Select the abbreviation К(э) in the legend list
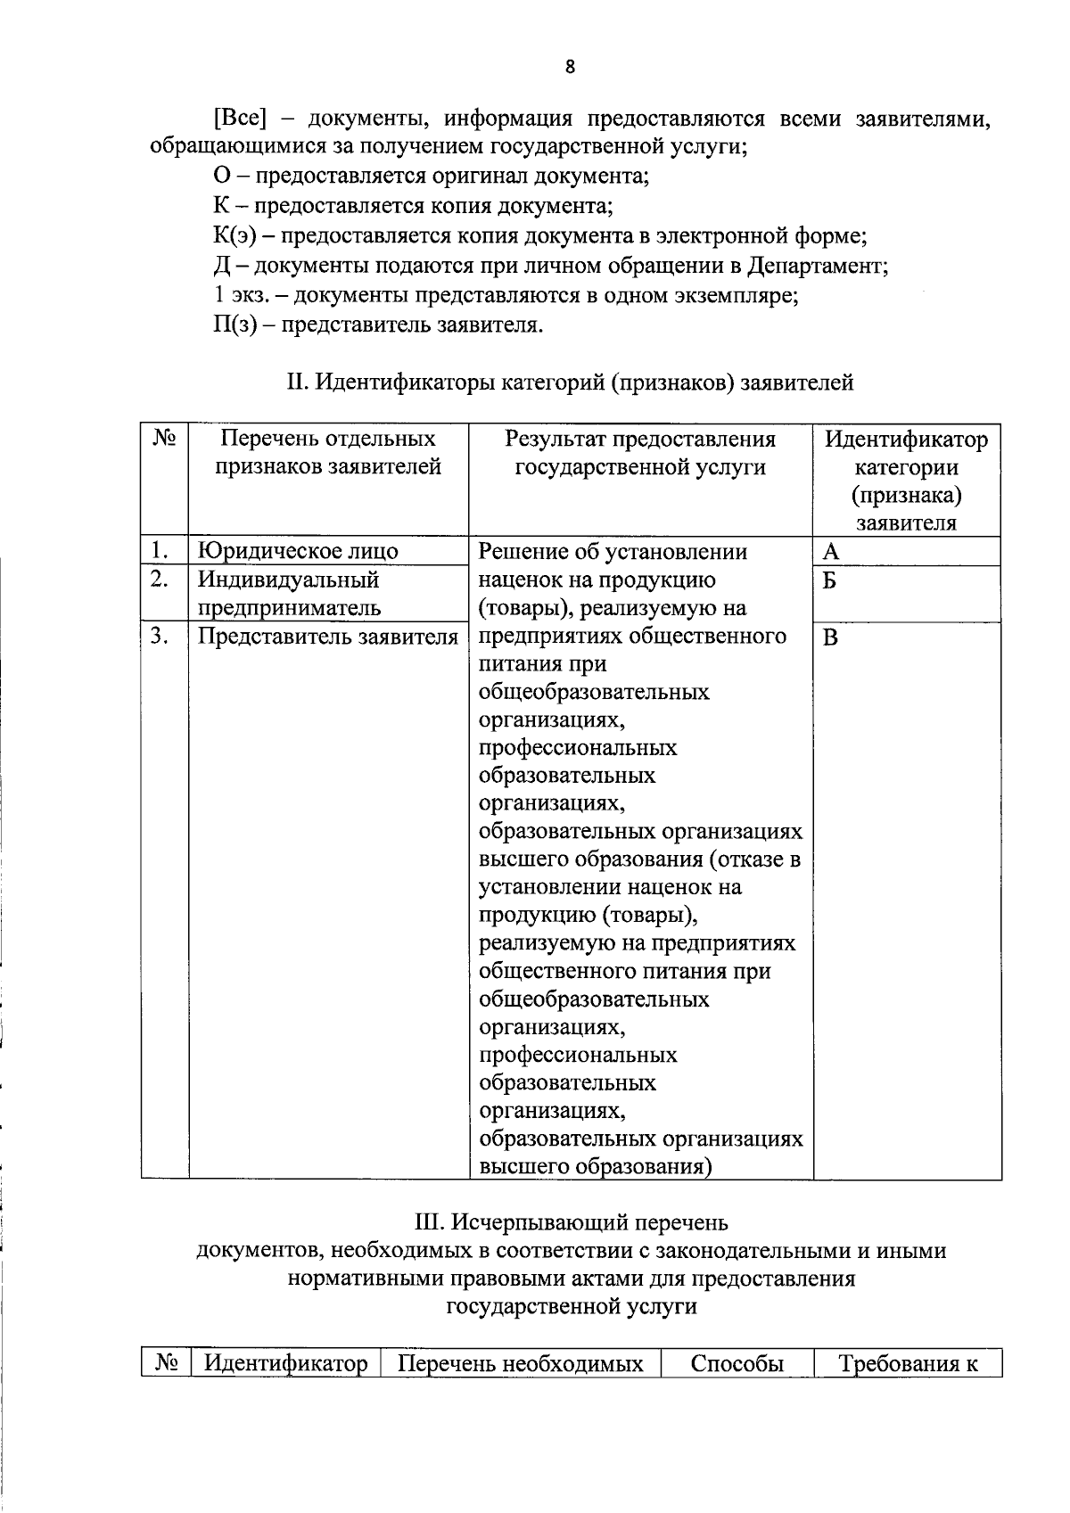(x=235, y=236)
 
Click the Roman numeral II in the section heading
(x=297, y=383)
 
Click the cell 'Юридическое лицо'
(x=298, y=551)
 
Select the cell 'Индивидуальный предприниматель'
(x=289, y=594)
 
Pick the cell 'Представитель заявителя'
(x=327, y=637)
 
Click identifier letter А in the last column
(x=830, y=552)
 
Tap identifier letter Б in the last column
(x=830, y=581)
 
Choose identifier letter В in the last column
(x=830, y=638)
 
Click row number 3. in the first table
(x=159, y=637)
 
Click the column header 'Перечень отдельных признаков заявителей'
(x=328, y=453)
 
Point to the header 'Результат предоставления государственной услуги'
(x=640, y=453)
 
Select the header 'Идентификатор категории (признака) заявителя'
(x=906, y=481)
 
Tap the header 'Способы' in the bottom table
(x=737, y=1364)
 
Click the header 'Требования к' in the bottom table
(x=908, y=1364)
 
